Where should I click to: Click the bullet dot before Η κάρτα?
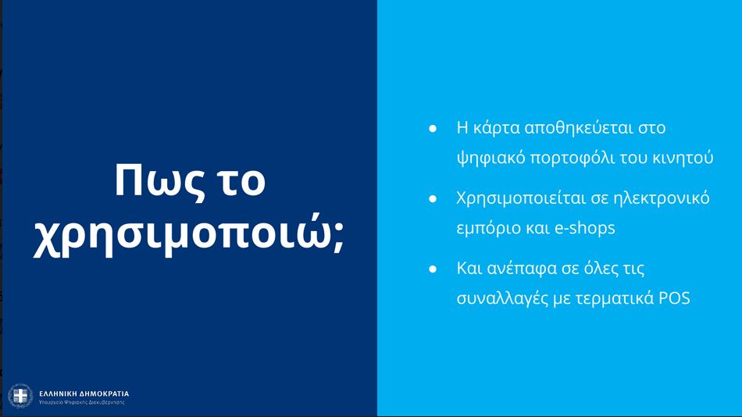tap(433, 128)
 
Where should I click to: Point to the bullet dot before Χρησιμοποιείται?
tap(433, 198)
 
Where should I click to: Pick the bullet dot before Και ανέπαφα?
tap(433, 269)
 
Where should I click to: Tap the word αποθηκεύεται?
tap(579, 128)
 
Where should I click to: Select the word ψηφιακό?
tap(491, 158)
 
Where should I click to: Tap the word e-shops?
tap(584, 228)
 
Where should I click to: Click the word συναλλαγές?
tap(502, 299)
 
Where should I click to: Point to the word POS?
tap(674, 298)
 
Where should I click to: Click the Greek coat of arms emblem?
tap(20, 396)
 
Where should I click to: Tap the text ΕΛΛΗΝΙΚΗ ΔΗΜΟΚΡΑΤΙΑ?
tap(84, 394)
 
